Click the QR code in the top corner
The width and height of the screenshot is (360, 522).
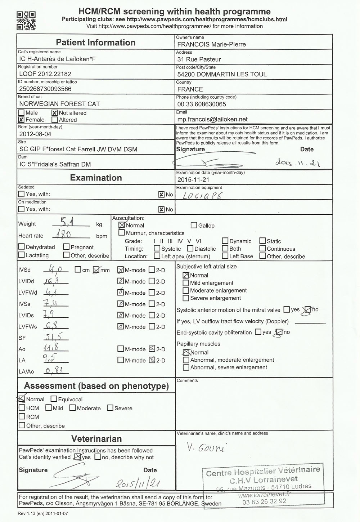tap(26, 21)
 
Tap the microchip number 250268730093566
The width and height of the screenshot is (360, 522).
tap(45, 89)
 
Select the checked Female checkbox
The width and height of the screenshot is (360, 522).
tap(22, 120)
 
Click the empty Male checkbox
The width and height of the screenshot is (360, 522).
tap(22, 113)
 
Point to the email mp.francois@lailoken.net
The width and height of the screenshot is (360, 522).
tap(212, 119)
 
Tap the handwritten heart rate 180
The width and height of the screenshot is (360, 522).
tap(64, 235)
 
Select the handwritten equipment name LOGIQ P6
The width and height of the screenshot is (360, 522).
tap(202, 196)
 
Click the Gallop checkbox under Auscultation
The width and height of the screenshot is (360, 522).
tap(194, 226)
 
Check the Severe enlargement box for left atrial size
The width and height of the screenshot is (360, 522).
tap(186, 298)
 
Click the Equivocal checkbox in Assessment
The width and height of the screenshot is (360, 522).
tap(54, 399)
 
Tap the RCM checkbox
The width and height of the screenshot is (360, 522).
tap(22, 417)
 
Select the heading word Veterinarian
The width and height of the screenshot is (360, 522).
tap(96, 439)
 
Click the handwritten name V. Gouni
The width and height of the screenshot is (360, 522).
tap(205, 448)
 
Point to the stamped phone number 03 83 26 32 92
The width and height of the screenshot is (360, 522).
tap(264, 501)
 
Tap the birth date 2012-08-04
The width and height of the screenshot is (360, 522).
tap(35, 134)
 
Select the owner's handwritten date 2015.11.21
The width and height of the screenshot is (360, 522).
tap(297, 163)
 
